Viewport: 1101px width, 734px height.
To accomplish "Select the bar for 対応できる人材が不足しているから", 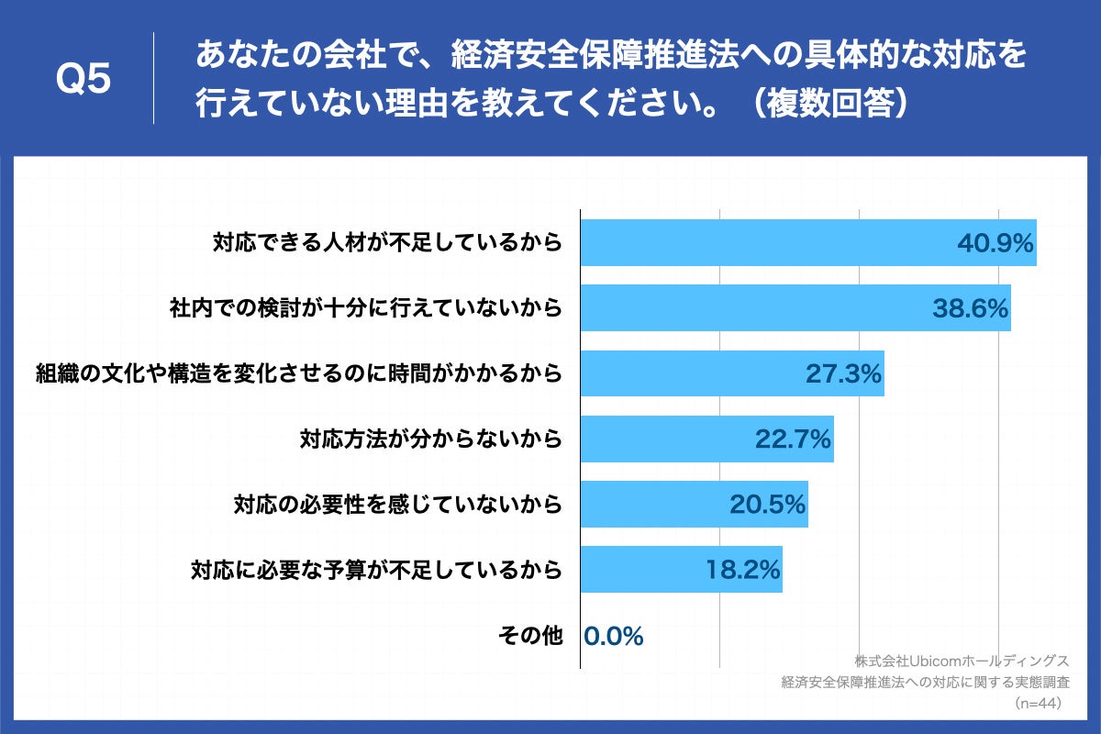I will click(807, 243).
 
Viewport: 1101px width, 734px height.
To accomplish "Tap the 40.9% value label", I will click(995, 243).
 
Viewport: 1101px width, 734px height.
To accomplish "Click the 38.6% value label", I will click(971, 308).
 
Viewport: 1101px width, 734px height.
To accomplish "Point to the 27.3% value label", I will click(843, 373).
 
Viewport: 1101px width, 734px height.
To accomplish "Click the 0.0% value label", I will click(614, 635).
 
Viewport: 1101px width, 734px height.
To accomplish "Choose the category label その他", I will click(529, 635).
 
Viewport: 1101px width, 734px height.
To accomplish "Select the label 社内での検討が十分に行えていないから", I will click(364, 308).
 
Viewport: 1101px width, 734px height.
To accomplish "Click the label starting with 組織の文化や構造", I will click(298, 373).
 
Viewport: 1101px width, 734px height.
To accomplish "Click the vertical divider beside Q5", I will click(153, 79).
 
